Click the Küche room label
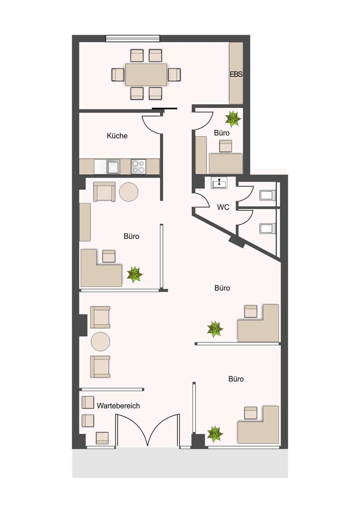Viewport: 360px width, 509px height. click(117, 136)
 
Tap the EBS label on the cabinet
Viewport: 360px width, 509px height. click(236, 74)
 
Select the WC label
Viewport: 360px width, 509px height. click(223, 207)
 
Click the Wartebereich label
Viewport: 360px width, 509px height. click(118, 406)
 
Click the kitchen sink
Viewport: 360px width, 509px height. click(113, 166)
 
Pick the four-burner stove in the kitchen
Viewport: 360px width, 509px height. click(138, 166)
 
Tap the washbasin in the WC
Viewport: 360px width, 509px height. click(219, 183)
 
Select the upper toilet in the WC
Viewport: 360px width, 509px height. click(267, 195)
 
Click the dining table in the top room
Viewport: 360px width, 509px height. click(146, 75)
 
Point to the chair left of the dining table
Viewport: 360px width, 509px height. click(118, 75)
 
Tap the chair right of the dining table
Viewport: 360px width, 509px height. click(174, 75)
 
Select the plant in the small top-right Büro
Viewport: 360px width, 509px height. click(233, 119)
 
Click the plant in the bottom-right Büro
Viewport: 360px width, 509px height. click(215, 434)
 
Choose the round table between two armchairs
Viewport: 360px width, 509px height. click(100, 341)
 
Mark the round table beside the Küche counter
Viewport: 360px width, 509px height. click(129, 192)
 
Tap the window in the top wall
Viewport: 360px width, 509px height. click(133, 39)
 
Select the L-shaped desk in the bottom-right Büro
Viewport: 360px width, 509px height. click(260, 429)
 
